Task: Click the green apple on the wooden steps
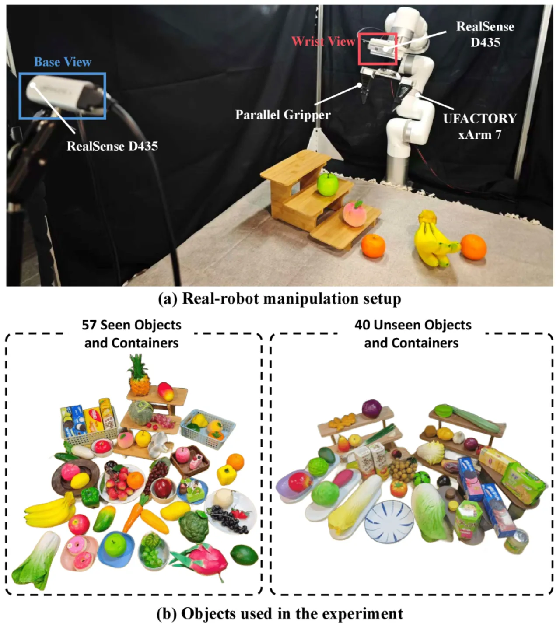click(x=328, y=185)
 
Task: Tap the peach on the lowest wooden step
click(x=354, y=214)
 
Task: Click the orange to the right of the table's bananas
click(x=473, y=247)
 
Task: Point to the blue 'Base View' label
click(x=63, y=62)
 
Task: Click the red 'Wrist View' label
click(x=323, y=42)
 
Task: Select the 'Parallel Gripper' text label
click(x=283, y=115)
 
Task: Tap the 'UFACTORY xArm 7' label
click(x=480, y=126)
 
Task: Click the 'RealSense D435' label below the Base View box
click(x=112, y=146)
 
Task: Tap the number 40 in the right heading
click(x=362, y=325)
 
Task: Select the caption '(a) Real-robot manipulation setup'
click(x=280, y=299)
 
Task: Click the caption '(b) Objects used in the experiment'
click(x=280, y=613)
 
